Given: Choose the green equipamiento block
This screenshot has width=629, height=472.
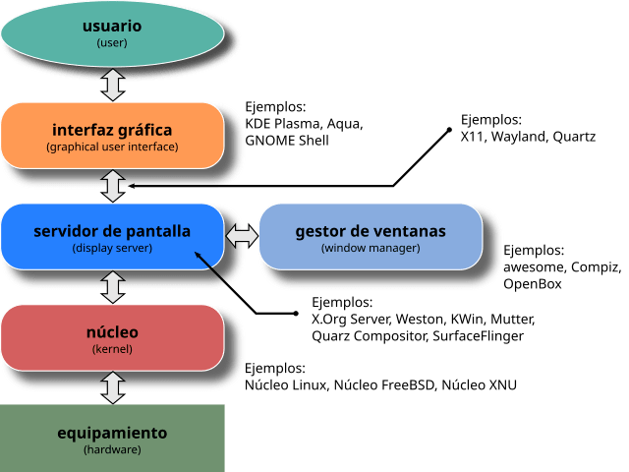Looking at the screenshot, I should click(x=112, y=439).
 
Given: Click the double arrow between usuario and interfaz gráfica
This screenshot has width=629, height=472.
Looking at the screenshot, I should click(x=113, y=84).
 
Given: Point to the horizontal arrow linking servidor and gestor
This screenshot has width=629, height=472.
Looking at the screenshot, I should click(x=242, y=236).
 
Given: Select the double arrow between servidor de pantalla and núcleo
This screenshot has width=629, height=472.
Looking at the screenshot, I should click(x=113, y=287).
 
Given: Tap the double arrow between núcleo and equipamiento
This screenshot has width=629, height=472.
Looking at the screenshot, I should click(x=113, y=386).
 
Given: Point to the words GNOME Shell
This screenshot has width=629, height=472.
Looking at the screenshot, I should click(x=286, y=141).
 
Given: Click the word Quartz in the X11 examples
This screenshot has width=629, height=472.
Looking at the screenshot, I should click(x=573, y=137).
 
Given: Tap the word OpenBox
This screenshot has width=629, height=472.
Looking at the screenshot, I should click(x=532, y=283).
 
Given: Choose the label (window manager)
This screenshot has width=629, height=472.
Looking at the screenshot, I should click(x=371, y=248).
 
